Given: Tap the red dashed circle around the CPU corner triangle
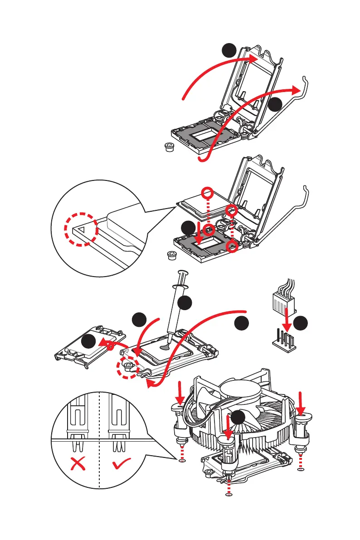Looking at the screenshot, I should coord(80,229).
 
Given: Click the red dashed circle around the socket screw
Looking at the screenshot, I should coord(127,366).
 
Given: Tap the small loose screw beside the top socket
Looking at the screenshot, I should coord(170,147).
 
